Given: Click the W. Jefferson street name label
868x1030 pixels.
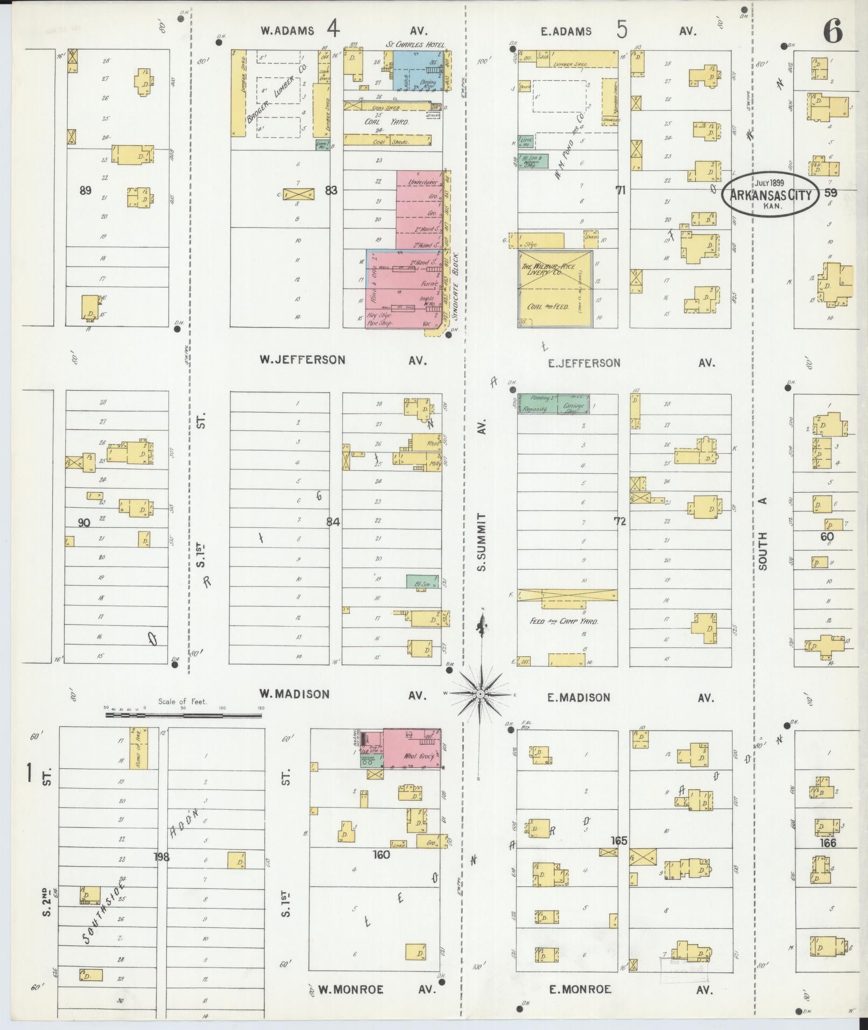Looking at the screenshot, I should pos(302,360).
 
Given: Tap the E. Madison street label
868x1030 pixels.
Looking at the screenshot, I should pos(578,697).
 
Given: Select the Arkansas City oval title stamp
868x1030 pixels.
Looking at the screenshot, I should pos(770,195).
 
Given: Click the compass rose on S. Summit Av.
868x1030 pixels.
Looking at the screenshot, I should pos(479,694).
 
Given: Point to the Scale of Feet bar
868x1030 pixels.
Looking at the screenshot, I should pos(183,716).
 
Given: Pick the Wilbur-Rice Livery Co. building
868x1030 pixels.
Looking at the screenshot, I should pos(555,289).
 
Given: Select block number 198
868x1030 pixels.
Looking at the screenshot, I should pos(161,857).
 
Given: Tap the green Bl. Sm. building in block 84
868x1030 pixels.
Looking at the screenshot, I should pos(422,582).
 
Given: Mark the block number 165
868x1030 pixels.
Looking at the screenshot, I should pos(619,840).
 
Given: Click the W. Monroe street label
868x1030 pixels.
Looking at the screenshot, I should pos(350,990).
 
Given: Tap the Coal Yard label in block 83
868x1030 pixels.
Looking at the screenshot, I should pos(387,122).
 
